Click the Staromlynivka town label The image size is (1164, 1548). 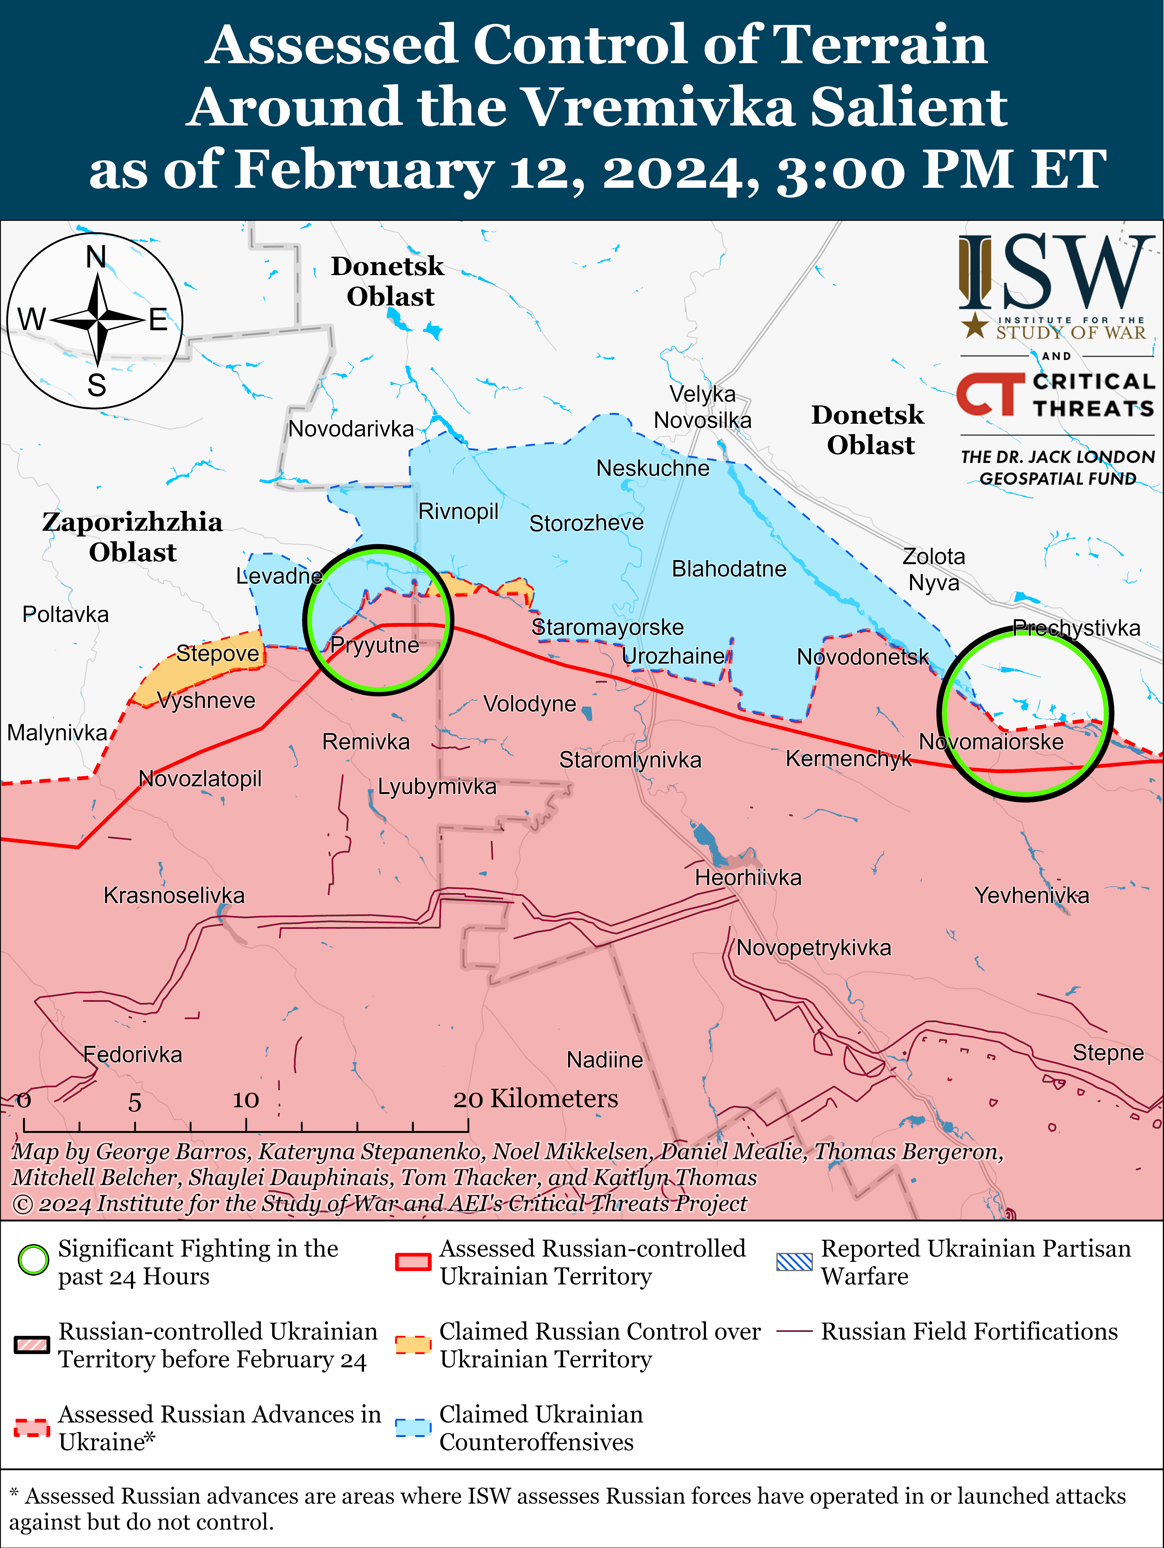click(630, 760)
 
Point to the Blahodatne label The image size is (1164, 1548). click(729, 569)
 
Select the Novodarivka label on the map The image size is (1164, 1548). click(351, 428)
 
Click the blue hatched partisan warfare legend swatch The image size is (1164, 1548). click(795, 1262)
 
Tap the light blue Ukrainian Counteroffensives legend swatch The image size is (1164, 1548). click(413, 1428)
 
